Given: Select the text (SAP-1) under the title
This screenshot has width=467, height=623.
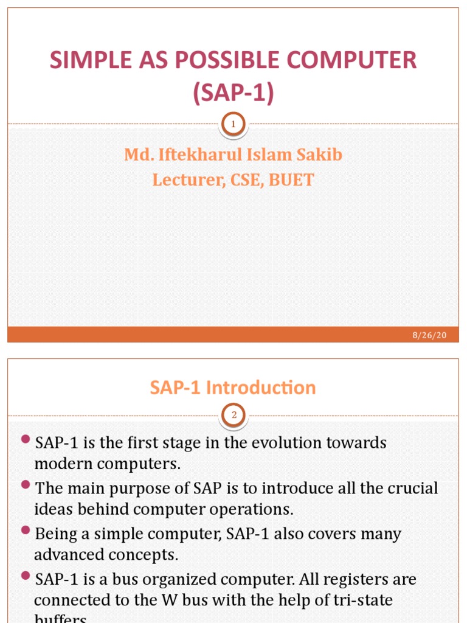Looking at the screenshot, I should click(x=233, y=93).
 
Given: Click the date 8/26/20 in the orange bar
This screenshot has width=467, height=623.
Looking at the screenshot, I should click(x=434, y=335).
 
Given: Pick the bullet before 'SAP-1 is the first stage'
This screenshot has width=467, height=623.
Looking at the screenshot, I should click(x=25, y=439).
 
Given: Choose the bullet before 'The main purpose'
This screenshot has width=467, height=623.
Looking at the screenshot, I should click(x=25, y=485).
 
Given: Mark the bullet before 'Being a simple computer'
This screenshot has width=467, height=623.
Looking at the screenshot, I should click(x=25, y=531).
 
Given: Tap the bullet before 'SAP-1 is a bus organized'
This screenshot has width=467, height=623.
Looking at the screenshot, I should click(x=25, y=576).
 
